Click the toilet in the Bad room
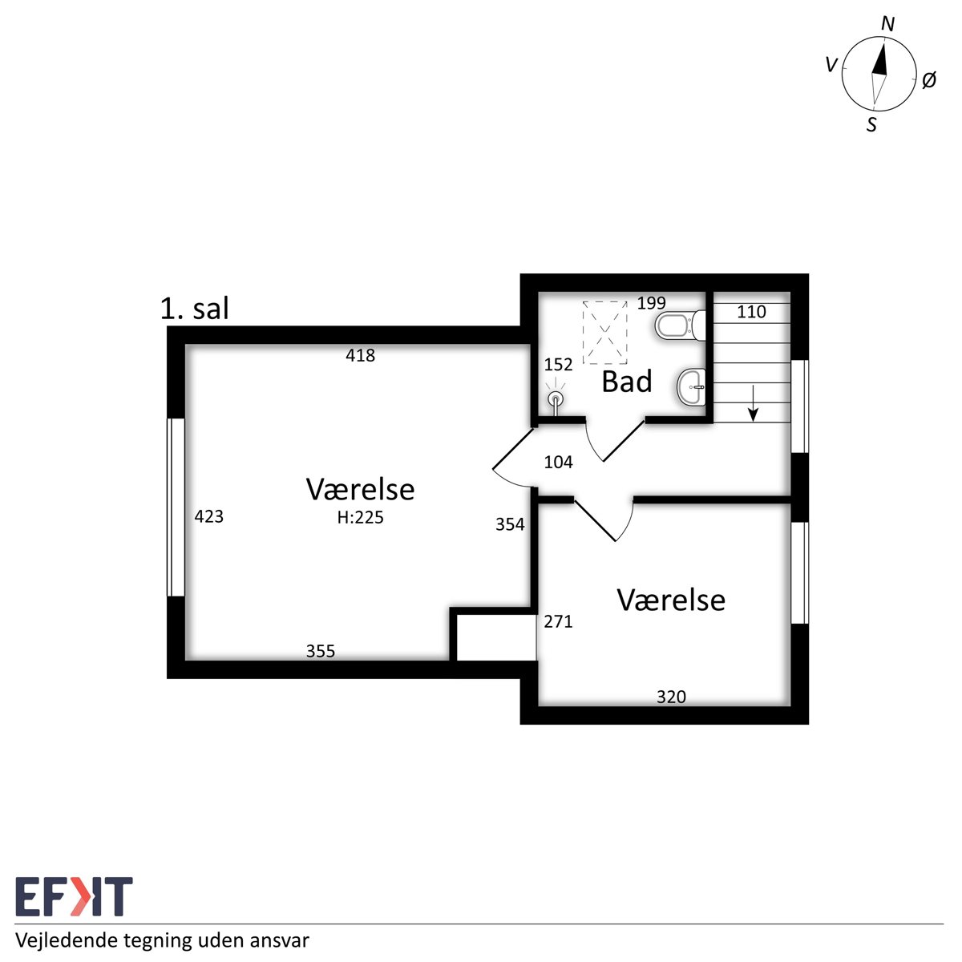[680, 326]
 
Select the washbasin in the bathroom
[691, 387]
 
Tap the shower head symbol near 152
[555, 399]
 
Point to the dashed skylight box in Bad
[604, 332]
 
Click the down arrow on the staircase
[753, 403]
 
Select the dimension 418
[360, 355]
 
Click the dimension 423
[208, 516]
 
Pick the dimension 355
[320, 651]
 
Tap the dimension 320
[671, 697]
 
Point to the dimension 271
[558, 621]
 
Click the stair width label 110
[751, 312]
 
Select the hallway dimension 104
[558, 463]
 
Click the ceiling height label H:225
[360, 518]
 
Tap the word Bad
[627, 382]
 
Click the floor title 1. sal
[194, 309]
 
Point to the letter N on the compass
[887, 23]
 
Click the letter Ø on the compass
[928, 80]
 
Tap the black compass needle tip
[883, 45]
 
